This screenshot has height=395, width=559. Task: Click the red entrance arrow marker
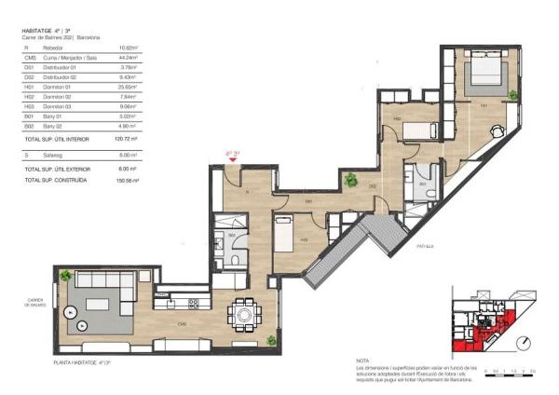pos(232,160)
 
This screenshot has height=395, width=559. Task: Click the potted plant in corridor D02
pos(350,180)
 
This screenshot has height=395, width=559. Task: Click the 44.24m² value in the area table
pos(127,58)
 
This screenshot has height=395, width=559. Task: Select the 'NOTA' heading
pos(363,361)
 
